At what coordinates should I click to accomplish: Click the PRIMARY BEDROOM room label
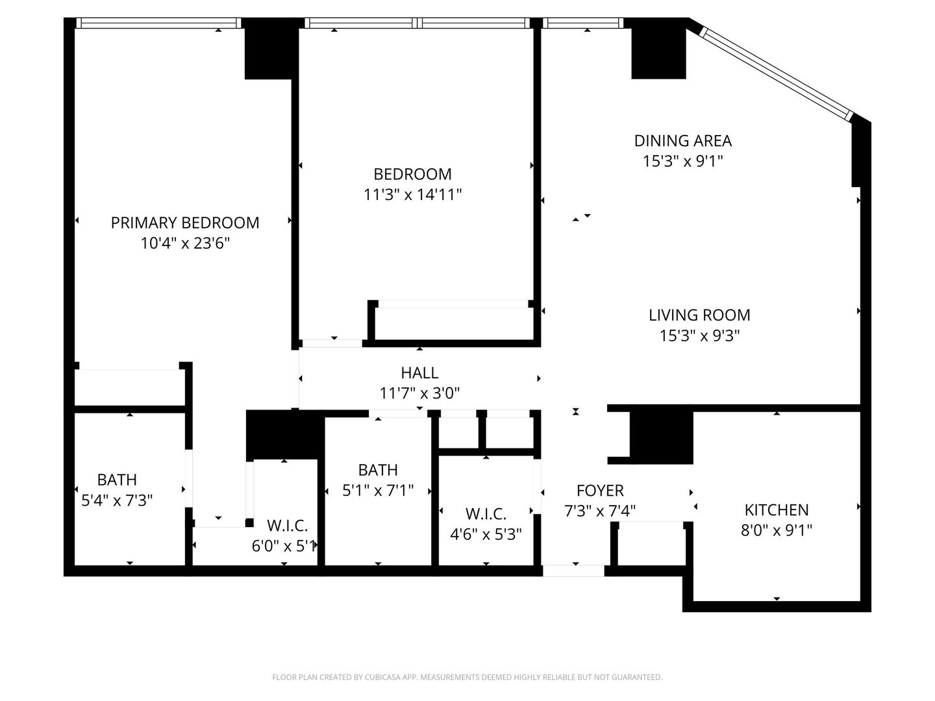coord(185,223)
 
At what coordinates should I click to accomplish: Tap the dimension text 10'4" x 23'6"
coord(185,243)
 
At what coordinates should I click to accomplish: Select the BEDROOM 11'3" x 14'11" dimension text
coord(412,194)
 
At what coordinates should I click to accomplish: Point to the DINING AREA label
coord(682,140)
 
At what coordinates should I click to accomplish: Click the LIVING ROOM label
coord(699,315)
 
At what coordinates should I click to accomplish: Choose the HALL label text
coord(419,373)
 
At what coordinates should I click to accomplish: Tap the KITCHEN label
coord(777,510)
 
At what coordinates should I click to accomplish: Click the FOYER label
coord(600,490)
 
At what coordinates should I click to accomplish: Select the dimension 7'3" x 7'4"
coord(600,511)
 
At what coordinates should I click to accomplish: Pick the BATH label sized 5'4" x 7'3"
coord(117,480)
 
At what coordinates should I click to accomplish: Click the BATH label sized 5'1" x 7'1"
coord(378,469)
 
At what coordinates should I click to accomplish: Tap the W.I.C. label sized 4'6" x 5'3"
coord(486,514)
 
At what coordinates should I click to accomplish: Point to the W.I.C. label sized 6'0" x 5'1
coord(287,525)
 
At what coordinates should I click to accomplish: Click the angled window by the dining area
coord(777,71)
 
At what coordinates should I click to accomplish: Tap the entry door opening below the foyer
coord(573,571)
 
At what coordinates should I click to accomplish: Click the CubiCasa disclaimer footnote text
coord(467,677)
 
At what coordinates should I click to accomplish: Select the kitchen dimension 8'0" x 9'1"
coord(777,530)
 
